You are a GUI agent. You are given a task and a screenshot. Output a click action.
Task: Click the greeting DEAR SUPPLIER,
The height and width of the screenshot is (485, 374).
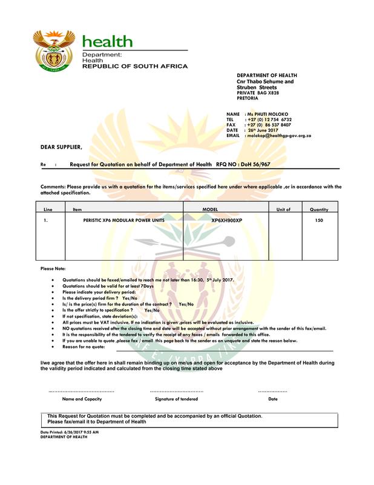pos(62,147)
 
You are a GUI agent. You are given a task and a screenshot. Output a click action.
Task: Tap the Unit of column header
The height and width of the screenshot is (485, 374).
pos(284,209)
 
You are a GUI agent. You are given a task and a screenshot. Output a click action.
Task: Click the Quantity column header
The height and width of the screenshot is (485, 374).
pos(319,209)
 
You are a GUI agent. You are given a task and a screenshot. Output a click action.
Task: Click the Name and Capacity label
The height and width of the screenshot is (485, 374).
pos(82,400)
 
